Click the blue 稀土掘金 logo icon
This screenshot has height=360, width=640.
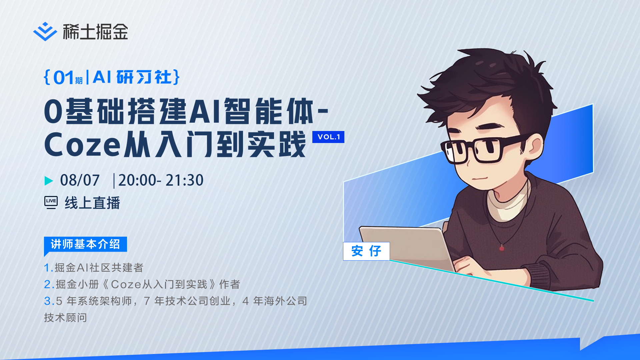point(45,32)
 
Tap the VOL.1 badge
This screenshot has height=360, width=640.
point(328,137)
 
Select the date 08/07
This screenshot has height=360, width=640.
point(80,180)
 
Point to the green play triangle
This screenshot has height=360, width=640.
point(49,181)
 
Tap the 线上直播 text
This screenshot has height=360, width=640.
point(92,203)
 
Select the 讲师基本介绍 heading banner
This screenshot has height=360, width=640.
point(85,244)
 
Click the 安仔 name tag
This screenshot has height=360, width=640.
point(366,251)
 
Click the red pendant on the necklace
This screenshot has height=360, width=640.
point(501,248)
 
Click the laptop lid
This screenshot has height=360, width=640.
point(407,247)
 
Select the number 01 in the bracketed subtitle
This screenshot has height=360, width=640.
point(63,78)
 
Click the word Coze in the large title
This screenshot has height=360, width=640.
point(82,144)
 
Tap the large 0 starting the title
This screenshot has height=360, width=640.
point(53,111)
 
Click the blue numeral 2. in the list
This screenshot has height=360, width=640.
point(49,284)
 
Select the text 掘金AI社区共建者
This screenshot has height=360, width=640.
point(99,268)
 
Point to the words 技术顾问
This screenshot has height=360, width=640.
point(66,318)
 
